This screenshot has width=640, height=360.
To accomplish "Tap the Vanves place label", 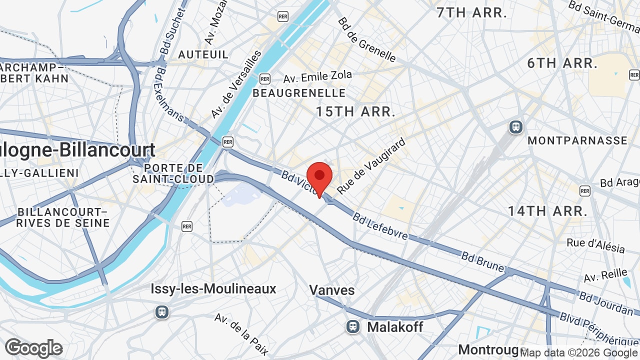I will click(x=331, y=290).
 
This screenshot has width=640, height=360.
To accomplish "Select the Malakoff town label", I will click(x=395, y=327).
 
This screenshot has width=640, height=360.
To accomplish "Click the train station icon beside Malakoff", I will click(x=353, y=327).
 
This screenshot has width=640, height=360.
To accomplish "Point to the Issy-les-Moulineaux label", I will click(x=213, y=288).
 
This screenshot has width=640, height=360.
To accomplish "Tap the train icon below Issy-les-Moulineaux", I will click(x=161, y=312).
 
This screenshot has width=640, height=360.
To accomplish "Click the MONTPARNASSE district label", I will click(x=577, y=140).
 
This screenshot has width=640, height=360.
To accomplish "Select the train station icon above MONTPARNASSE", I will click(x=515, y=127).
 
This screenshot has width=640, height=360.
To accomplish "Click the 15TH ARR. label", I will click(x=356, y=111).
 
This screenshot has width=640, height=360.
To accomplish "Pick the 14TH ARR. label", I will click(x=547, y=210).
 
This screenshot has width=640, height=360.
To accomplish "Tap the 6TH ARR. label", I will click(x=562, y=63).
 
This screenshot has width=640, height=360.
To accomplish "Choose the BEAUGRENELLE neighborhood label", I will click(x=299, y=93).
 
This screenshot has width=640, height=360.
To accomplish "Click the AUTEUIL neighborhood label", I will click(x=203, y=54).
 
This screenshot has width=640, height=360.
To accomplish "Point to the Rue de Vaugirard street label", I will click(x=371, y=166).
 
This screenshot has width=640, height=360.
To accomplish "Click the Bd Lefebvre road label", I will click(x=380, y=226).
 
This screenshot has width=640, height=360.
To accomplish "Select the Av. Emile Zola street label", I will click(x=317, y=77).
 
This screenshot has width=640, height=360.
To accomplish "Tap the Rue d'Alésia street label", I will click(x=595, y=245).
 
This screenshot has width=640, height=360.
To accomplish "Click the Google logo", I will click(x=33, y=348).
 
